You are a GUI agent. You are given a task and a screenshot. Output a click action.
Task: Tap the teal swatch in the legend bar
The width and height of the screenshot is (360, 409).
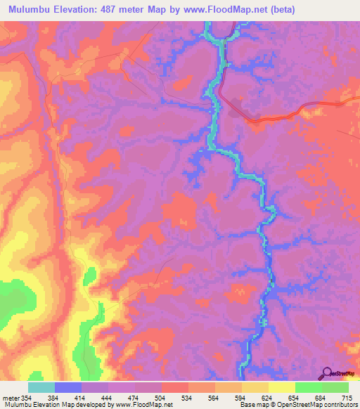pos(41,387)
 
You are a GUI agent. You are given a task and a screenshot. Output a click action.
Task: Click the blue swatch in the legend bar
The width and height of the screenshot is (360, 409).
pos(68,387)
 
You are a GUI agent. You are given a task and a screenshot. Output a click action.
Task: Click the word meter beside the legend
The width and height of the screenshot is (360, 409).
pos(10,398)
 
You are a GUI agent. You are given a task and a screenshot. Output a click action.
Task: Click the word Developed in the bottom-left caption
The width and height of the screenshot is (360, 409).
pos(87,405)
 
